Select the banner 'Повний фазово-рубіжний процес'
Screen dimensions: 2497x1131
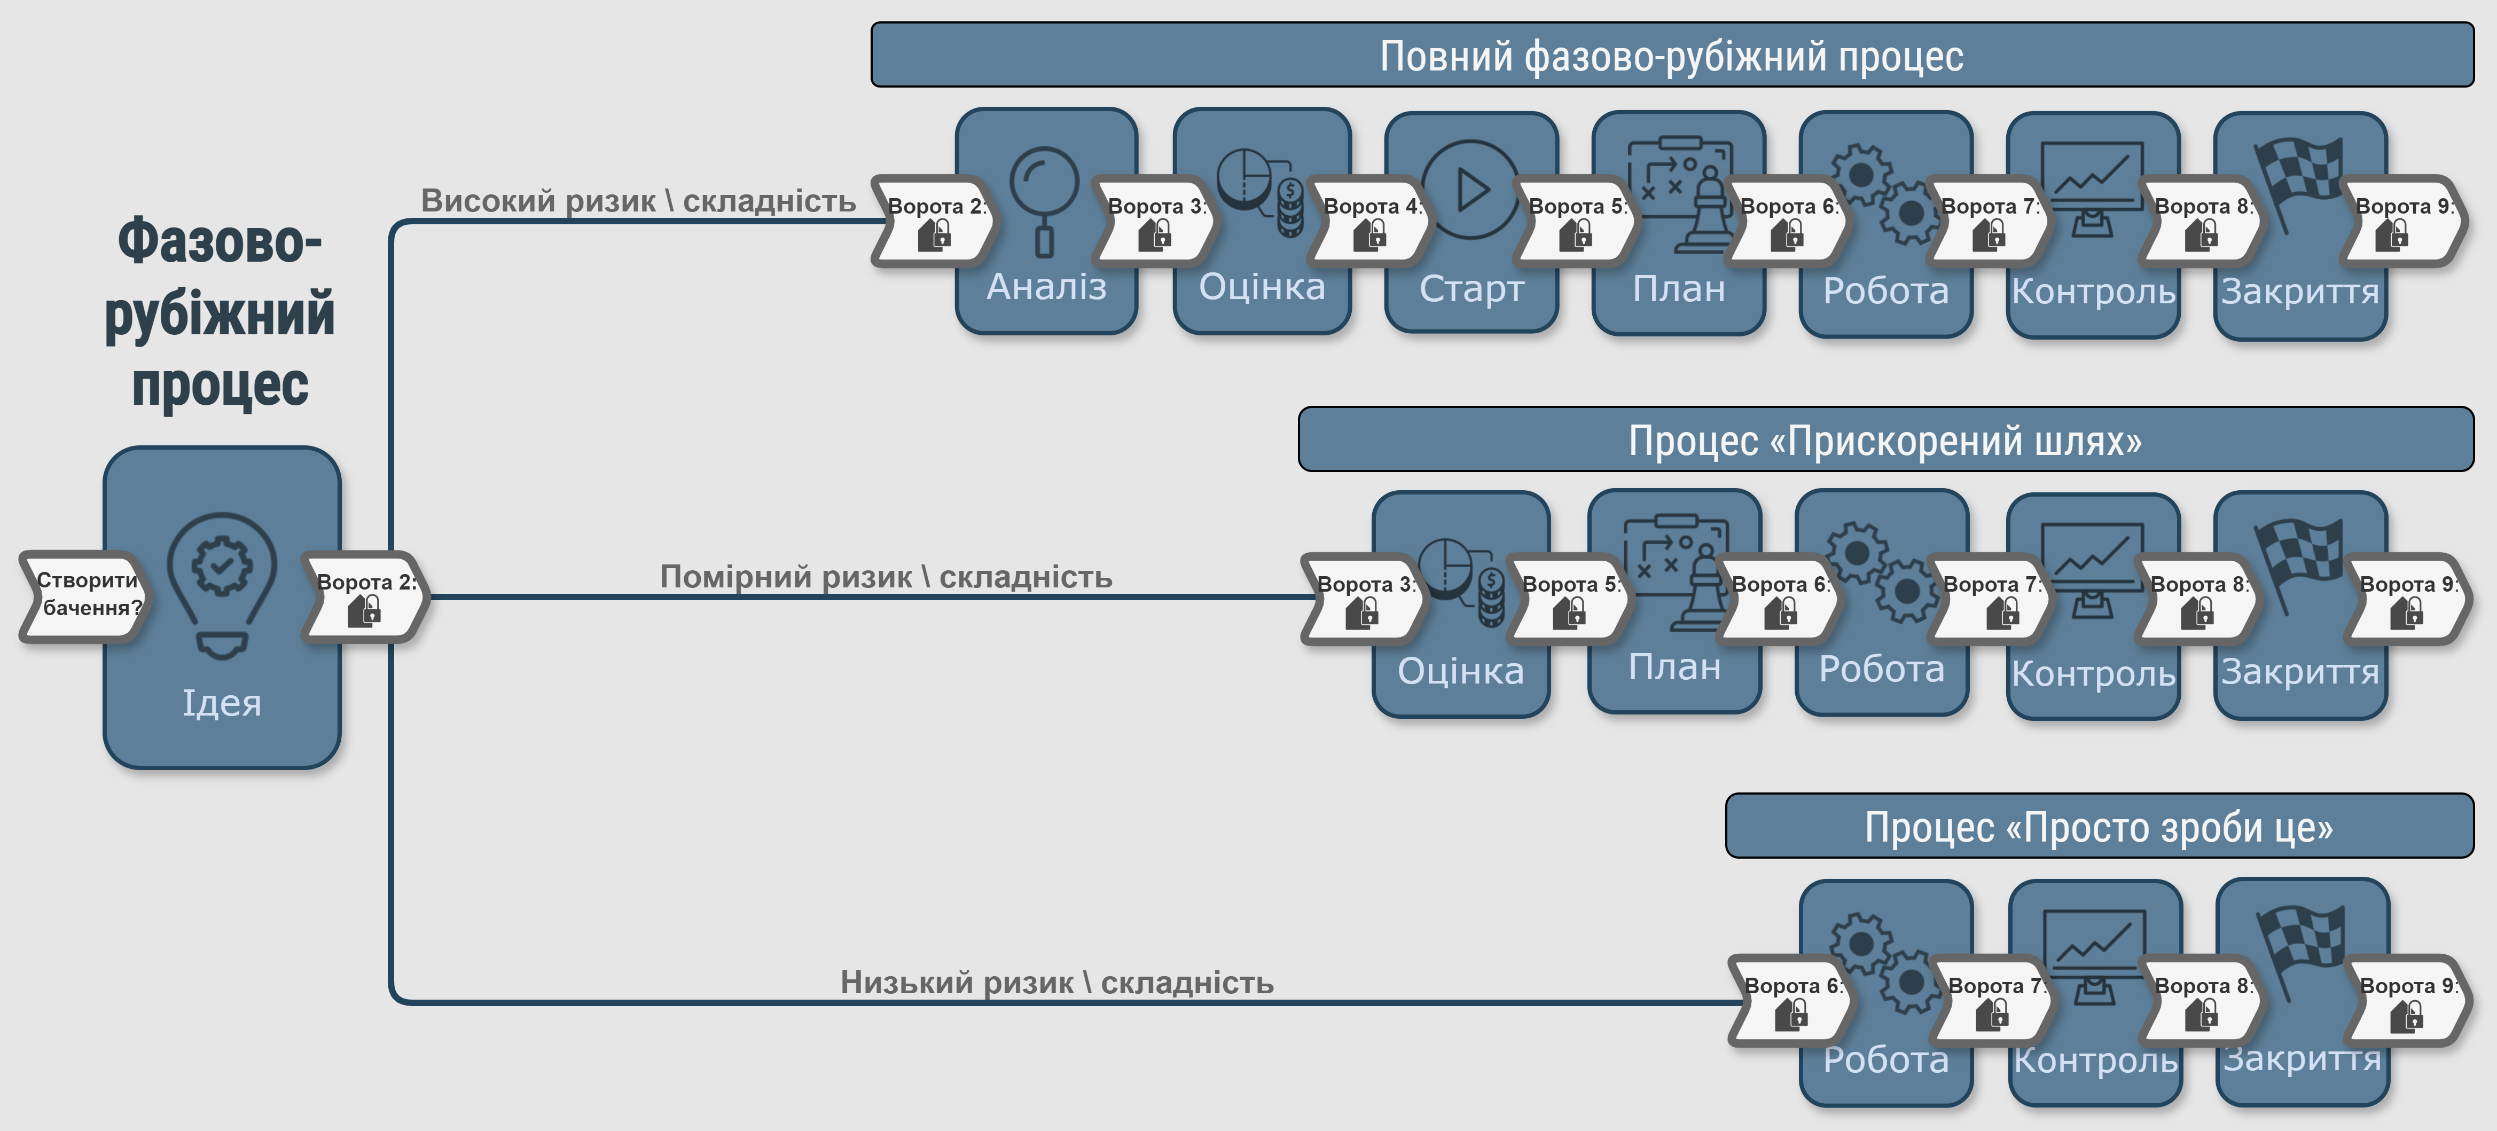point(1672,55)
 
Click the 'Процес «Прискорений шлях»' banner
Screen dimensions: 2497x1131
point(1885,440)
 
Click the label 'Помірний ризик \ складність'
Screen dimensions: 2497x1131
point(886,577)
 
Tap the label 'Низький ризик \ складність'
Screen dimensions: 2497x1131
point(1056,982)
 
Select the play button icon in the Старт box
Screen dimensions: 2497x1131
point(1470,190)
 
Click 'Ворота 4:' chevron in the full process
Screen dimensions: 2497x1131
point(1369,221)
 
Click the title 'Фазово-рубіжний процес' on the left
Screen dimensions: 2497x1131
point(220,312)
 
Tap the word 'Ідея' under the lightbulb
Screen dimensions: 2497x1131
point(222,703)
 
